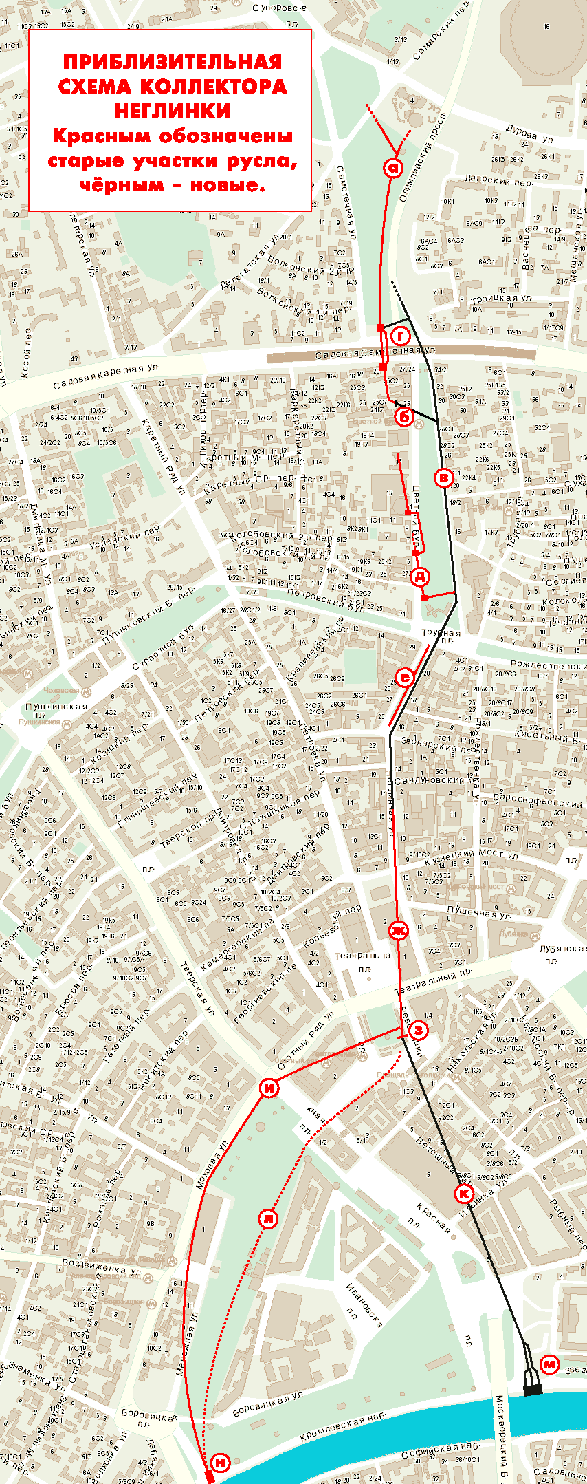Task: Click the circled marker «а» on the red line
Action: [393, 168]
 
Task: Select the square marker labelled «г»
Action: [400, 336]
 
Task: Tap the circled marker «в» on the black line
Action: [444, 477]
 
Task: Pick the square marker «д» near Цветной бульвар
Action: [420, 577]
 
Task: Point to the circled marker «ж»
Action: [398, 932]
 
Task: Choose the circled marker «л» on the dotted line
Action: [268, 1218]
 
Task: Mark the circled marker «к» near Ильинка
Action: [465, 1192]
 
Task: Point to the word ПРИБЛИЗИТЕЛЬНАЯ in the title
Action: [173, 63]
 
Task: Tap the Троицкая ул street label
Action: [502, 299]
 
